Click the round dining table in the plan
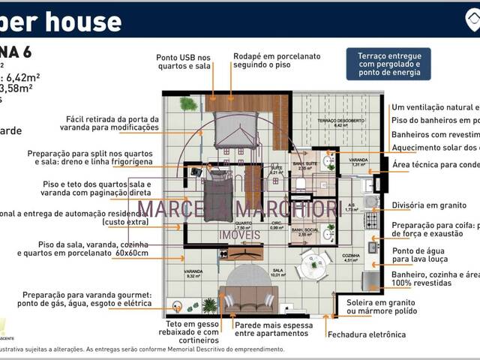click(x=310, y=264)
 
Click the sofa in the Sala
click(x=247, y=301)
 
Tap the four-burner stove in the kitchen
click(x=370, y=220)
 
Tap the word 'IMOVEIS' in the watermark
click(x=240, y=235)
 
